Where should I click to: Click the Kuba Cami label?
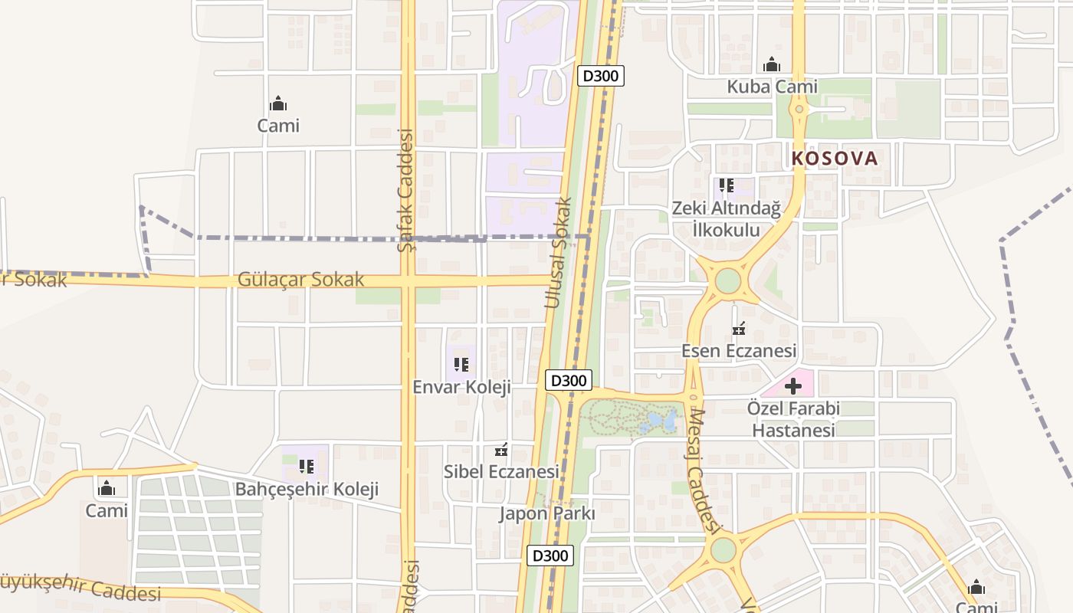(772, 87)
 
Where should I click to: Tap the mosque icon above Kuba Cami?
(772, 65)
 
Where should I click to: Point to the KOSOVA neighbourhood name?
(834, 159)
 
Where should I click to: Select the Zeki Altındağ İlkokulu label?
(726, 219)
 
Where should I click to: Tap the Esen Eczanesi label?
(739, 351)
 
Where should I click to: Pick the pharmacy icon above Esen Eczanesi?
(739, 330)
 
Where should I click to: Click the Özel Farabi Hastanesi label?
(793, 419)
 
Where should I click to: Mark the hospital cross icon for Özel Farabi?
(793, 386)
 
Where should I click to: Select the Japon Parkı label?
(546, 513)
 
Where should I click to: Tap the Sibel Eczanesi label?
(501, 472)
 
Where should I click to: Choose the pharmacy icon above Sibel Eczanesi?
(502, 451)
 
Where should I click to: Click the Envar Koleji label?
(461, 387)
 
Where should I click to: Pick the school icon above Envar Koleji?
(461, 365)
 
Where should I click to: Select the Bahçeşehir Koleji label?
(307, 489)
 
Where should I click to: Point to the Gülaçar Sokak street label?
(300, 280)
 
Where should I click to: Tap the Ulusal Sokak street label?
(559, 254)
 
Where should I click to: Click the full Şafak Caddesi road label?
(406, 192)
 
